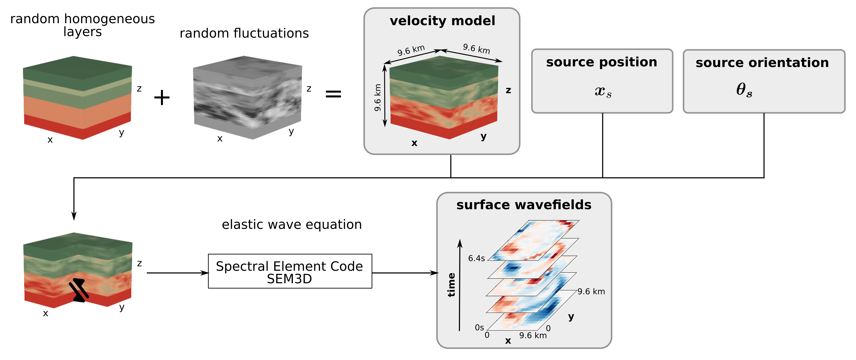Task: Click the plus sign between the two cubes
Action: tap(162, 98)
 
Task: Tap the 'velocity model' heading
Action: tap(442, 21)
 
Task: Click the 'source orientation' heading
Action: tap(762, 63)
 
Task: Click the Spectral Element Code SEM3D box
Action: tap(290, 271)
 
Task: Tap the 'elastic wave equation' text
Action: tap(292, 225)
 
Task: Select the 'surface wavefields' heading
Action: tap(524, 205)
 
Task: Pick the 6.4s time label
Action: tap(476, 258)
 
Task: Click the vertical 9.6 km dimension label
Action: tap(377, 98)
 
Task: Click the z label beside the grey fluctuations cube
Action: tap(309, 89)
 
